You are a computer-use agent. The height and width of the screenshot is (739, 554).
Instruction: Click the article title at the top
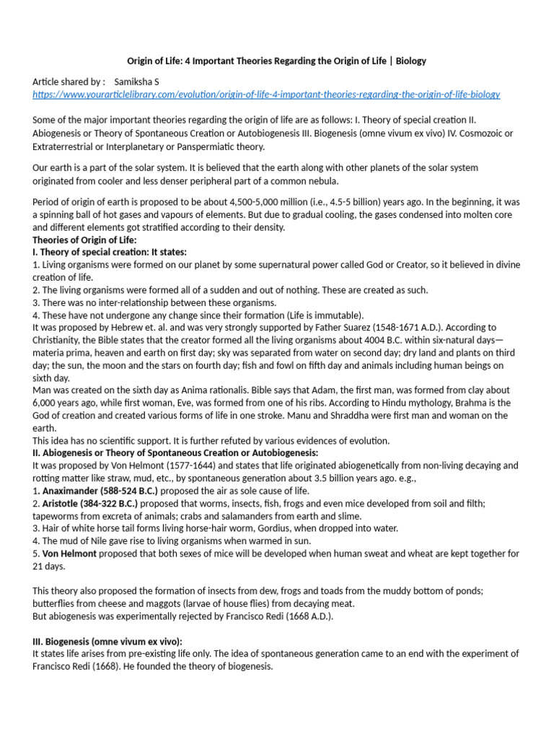[x=276, y=61]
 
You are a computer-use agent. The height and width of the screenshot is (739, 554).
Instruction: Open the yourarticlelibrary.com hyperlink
[x=266, y=95]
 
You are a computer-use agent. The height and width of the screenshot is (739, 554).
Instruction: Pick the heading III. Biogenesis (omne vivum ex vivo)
[x=107, y=642]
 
